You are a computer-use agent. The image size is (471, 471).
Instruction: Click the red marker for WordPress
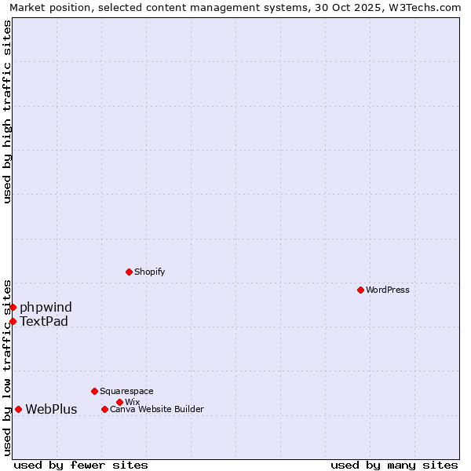360,290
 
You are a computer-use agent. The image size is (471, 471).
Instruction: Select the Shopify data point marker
129,272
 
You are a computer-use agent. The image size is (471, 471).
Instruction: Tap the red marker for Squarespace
94,391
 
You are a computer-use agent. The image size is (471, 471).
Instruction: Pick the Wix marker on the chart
119,402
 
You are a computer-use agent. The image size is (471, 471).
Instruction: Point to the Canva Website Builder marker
104,409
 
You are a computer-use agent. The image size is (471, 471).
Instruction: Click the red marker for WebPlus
18,409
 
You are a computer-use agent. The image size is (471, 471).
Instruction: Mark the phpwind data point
13,307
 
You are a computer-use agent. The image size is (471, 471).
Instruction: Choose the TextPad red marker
13,321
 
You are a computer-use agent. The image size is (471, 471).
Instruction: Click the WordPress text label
388,290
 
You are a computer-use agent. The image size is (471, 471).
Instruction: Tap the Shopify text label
149,272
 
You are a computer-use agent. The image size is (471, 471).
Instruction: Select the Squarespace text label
126,391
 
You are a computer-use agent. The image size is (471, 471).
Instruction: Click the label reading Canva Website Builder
157,409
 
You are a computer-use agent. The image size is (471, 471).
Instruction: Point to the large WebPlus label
51,409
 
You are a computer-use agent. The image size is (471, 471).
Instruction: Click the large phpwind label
46,307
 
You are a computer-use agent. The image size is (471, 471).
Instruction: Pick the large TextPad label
44,321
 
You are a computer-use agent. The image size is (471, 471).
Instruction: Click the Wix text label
132,402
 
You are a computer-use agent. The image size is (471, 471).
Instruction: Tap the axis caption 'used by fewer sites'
81,465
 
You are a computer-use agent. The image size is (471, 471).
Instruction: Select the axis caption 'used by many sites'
394,465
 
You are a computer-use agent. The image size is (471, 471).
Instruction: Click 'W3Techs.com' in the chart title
427,7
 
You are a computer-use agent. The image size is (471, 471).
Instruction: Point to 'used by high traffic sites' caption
7,111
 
